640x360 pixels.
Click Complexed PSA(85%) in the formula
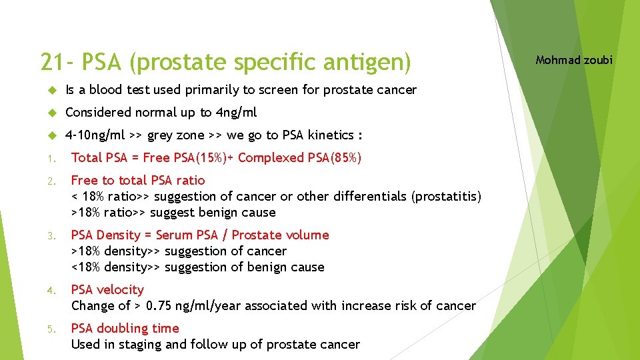pyautogui.click(x=300, y=157)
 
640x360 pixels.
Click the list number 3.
pyautogui.click(x=51, y=235)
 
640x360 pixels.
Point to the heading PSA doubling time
pyautogui.click(x=125, y=328)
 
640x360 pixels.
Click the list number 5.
pyautogui.click(x=51, y=329)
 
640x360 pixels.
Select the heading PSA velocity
pyautogui.click(x=107, y=289)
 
